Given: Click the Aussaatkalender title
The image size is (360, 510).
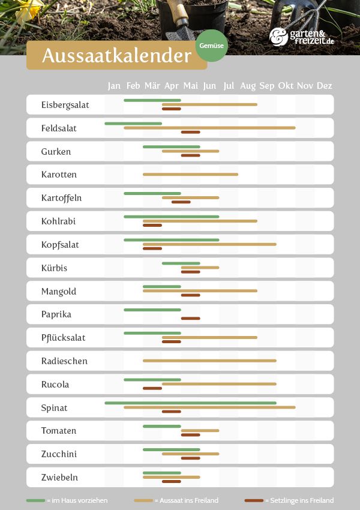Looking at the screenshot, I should (116, 56).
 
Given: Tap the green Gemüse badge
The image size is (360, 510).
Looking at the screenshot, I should (212, 46).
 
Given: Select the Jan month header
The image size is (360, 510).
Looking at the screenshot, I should (114, 86).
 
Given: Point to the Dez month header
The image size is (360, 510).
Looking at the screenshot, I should (324, 86).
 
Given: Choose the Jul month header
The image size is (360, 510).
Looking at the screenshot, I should (229, 86).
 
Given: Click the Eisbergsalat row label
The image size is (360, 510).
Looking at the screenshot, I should (65, 104).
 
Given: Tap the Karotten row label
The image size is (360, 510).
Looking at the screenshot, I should (59, 175).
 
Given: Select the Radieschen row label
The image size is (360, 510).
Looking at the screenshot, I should (64, 361).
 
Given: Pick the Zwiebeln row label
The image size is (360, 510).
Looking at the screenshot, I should (59, 478).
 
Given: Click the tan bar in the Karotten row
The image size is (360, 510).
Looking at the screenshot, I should (190, 175).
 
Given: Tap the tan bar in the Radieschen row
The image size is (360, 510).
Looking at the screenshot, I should (209, 361).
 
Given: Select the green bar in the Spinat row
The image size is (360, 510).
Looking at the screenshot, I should (190, 403).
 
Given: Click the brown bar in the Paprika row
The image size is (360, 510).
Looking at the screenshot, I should (190, 318).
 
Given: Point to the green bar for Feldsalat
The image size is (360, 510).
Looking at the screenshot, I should (133, 124).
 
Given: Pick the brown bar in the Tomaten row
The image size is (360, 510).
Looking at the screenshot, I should (190, 435).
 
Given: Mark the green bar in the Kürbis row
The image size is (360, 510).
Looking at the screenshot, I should (181, 263).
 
